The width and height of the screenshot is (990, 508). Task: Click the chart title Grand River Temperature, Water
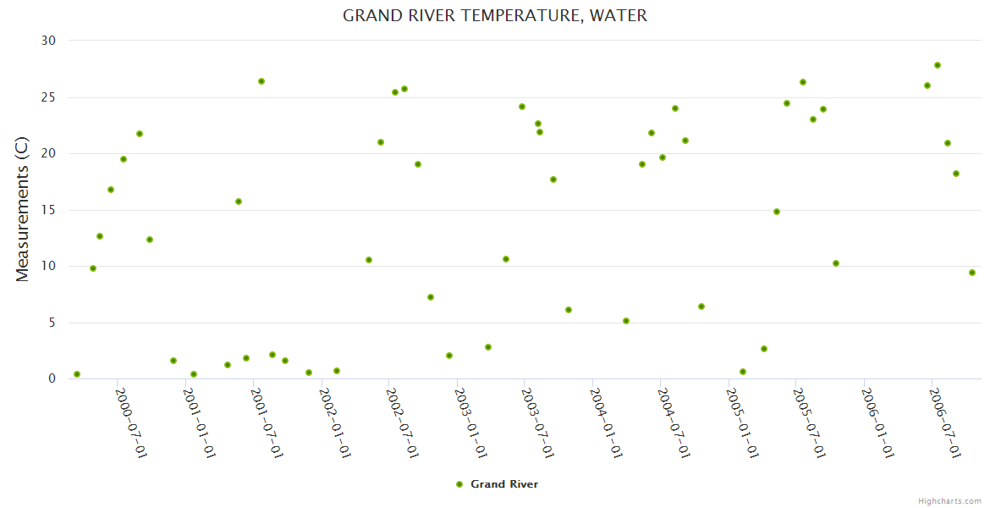click(495, 15)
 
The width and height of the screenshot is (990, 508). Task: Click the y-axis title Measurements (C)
click(23, 211)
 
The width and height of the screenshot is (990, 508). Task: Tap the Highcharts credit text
click(949, 500)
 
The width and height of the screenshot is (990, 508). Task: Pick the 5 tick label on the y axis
click(51, 323)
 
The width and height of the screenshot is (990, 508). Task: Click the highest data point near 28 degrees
click(938, 65)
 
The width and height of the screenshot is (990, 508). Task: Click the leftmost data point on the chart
click(77, 374)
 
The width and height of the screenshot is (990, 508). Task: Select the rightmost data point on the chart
click(972, 273)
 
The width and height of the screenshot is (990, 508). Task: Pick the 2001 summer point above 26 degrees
click(261, 81)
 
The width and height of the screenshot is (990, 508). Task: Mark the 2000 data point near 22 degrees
click(140, 134)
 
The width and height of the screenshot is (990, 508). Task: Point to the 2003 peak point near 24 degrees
click(522, 107)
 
